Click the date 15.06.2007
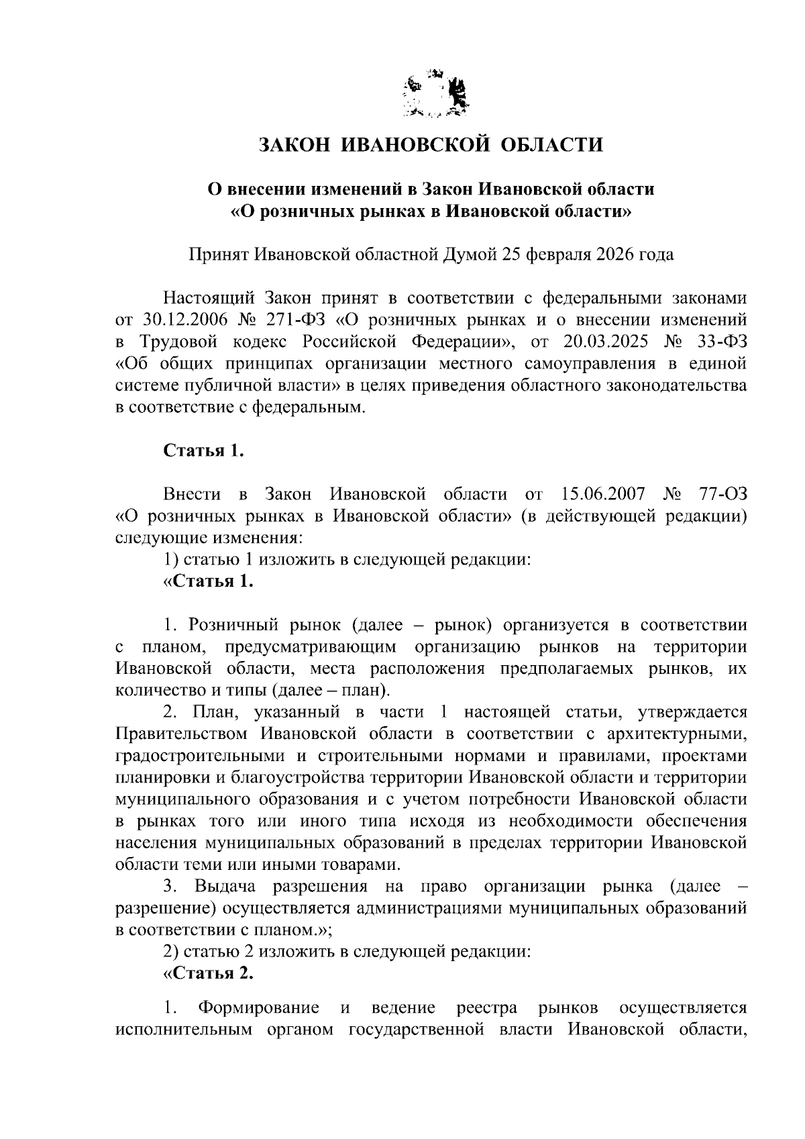click(601, 495)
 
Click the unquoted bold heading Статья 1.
click(203, 451)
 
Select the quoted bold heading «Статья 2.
click(209, 974)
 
